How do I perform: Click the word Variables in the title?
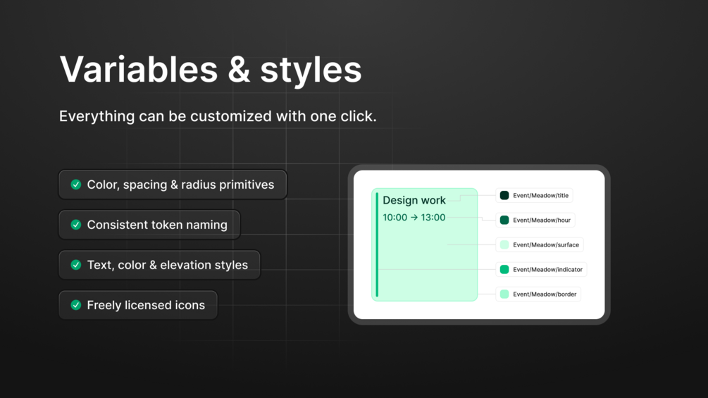[139, 69]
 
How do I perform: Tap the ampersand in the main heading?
[239, 69]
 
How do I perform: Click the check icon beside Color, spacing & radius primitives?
[76, 185]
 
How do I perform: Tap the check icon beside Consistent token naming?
[76, 225]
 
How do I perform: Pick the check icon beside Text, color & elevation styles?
[76, 265]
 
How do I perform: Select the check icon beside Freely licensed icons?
[76, 305]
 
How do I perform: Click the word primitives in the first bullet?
[247, 185]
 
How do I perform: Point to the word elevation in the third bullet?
[187, 265]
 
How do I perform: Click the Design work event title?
[414, 200]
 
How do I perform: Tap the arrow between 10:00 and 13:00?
[414, 218]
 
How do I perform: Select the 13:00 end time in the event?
[433, 218]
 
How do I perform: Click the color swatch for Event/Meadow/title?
[504, 195]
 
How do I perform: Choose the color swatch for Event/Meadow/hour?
[504, 220]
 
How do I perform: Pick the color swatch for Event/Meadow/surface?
[504, 244]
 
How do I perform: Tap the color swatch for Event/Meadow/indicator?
[504, 269]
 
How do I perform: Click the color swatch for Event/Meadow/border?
[504, 294]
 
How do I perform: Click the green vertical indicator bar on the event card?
[377, 244]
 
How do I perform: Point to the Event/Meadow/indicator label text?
[547, 269]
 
